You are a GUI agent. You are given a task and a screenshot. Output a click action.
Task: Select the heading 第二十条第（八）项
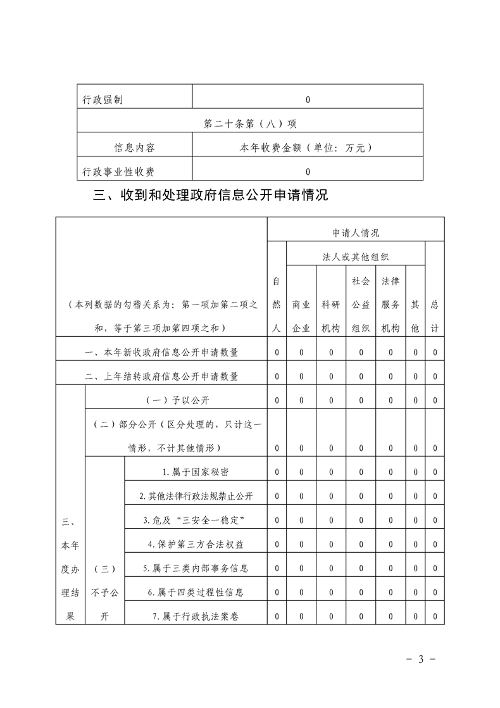point(250,124)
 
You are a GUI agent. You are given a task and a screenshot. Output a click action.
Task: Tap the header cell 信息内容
point(134,148)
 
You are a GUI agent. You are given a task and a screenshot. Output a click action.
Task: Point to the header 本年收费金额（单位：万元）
point(307,148)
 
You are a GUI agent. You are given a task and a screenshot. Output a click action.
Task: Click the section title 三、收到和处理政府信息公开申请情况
point(210,195)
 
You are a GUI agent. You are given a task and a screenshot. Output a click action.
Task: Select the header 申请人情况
point(356,233)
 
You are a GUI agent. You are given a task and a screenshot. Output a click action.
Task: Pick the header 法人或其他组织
point(355,257)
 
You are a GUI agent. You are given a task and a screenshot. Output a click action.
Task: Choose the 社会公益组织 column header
point(361,304)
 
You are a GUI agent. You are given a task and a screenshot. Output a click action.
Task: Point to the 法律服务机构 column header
point(391,304)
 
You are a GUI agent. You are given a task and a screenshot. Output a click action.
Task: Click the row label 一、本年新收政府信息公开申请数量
point(161,352)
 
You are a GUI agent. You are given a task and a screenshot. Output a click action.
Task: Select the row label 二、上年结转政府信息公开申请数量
point(161,376)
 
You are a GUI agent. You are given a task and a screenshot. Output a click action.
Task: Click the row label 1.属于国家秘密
point(196,472)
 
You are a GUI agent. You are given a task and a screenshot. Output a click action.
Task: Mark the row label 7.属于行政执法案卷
point(196,616)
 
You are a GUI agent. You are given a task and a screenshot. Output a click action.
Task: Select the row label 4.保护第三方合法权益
point(195,544)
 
